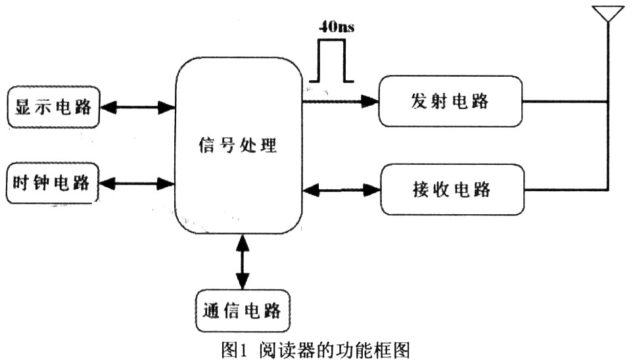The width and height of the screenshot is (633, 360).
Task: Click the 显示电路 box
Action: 53,106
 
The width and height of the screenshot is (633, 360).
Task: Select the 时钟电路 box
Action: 53,183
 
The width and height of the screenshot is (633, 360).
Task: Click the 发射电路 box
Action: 450,101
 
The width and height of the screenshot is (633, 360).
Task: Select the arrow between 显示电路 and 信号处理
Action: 137,106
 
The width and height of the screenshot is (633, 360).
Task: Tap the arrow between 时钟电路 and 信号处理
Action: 137,184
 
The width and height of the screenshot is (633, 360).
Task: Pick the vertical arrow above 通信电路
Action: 243,261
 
